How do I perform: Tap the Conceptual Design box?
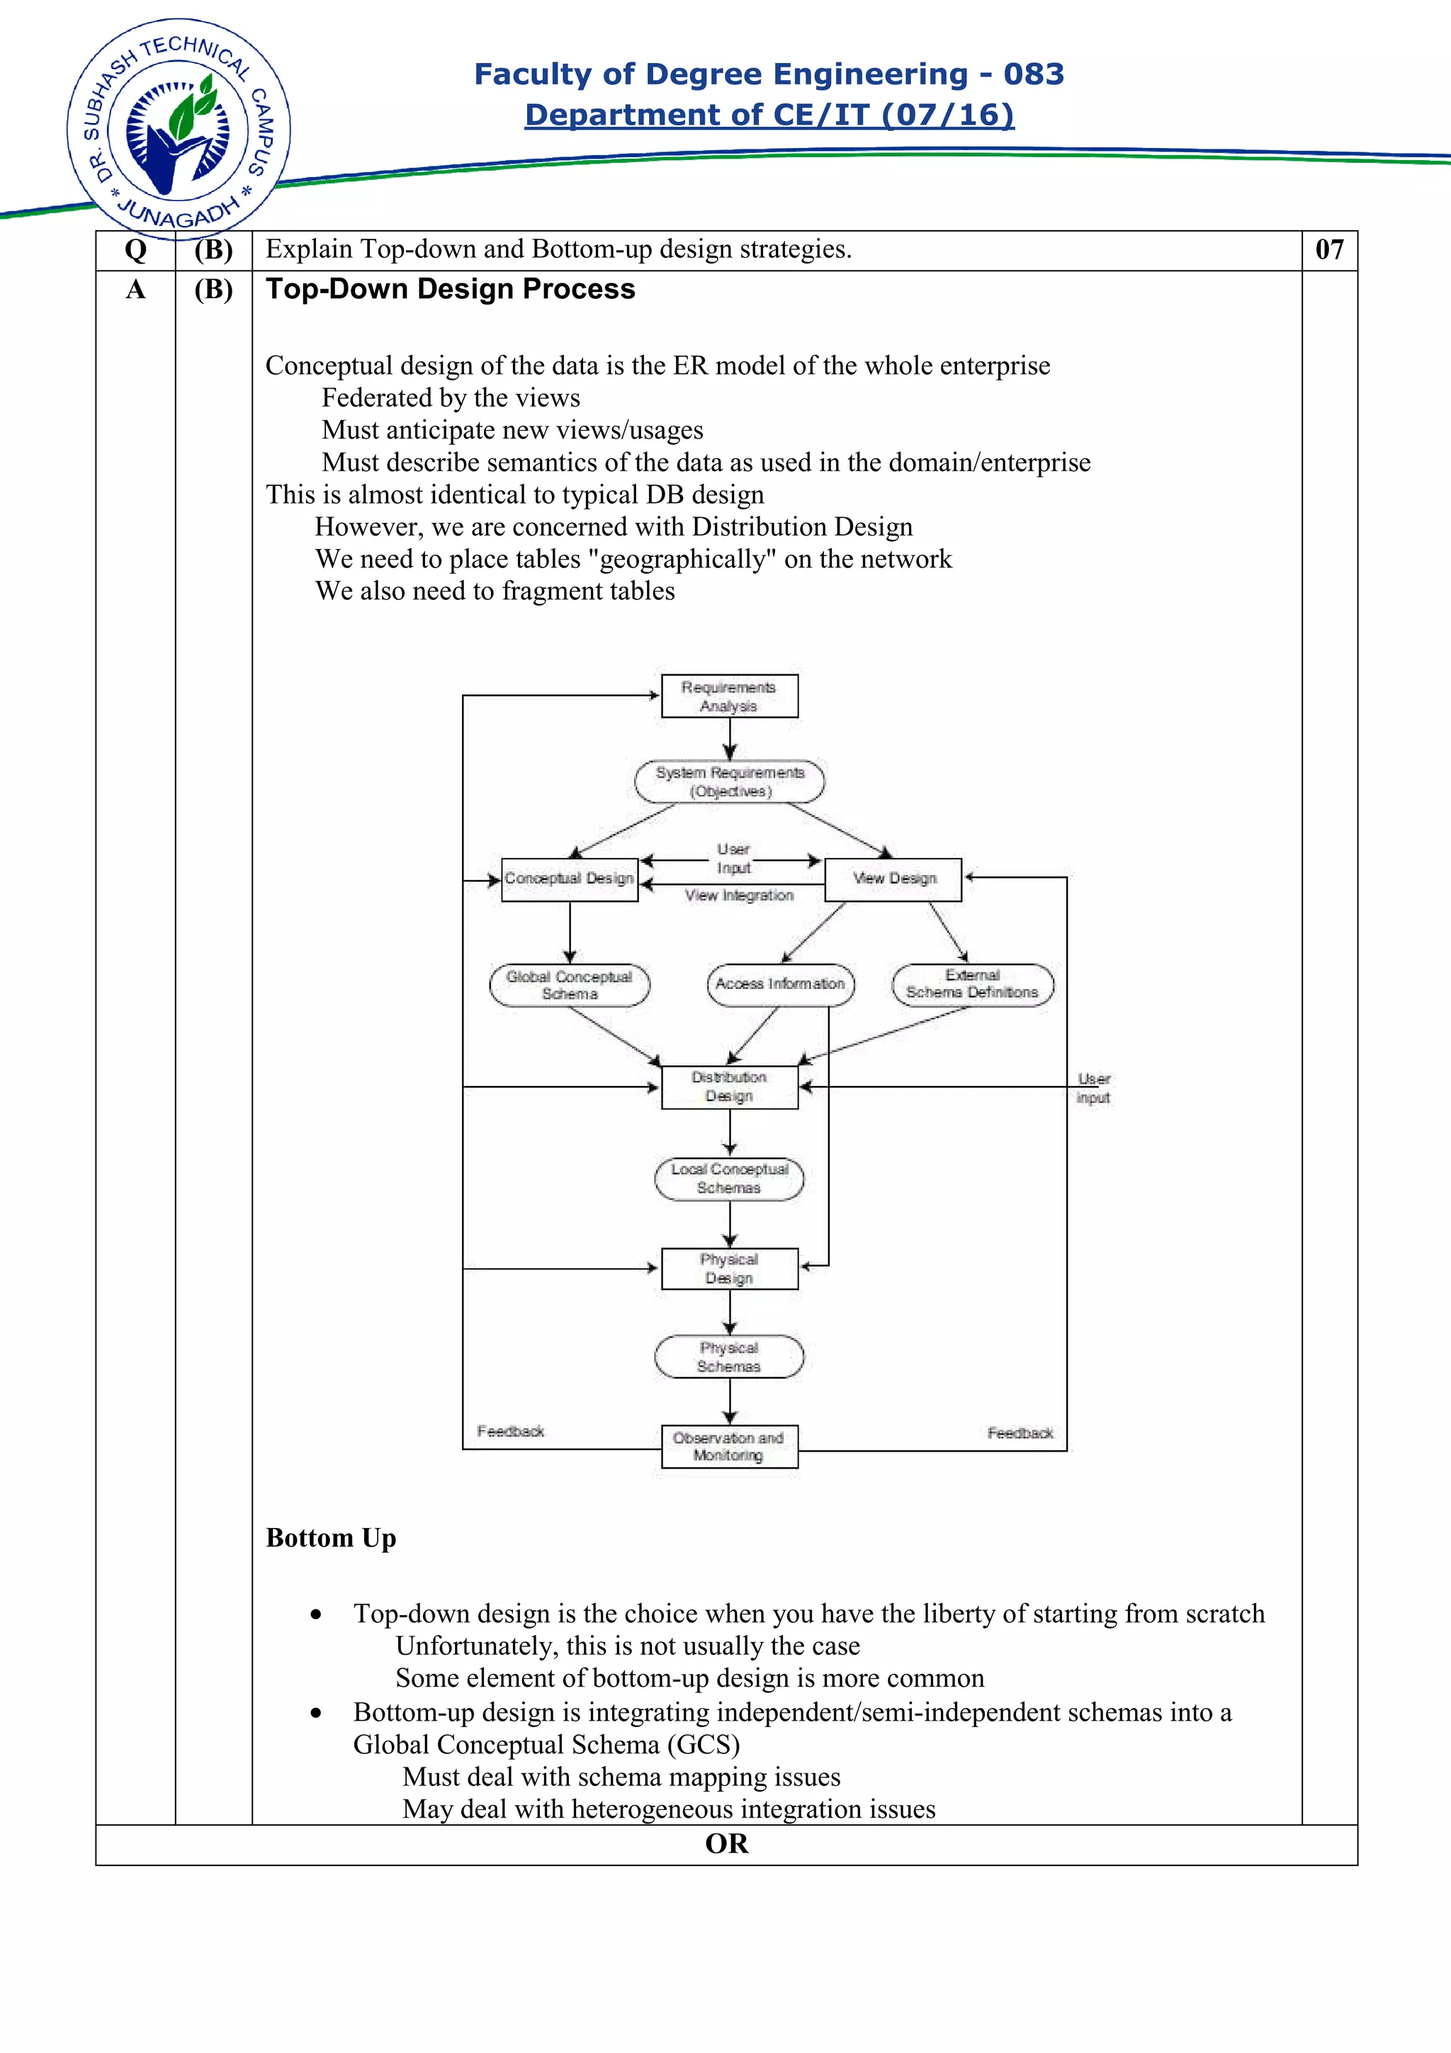click(569, 879)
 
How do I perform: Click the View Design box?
click(893, 879)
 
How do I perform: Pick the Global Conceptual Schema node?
click(569, 985)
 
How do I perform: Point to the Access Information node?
click(779, 985)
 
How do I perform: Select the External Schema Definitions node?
click(972, 985)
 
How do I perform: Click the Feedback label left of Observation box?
click(511, 1432)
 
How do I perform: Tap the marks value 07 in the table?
click(1328, 249)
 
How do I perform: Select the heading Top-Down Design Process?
click(450, 289)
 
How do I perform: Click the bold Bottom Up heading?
click(331, 1538)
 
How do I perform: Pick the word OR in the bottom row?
click(726, 1844)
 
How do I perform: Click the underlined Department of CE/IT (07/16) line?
click(769, 115)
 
